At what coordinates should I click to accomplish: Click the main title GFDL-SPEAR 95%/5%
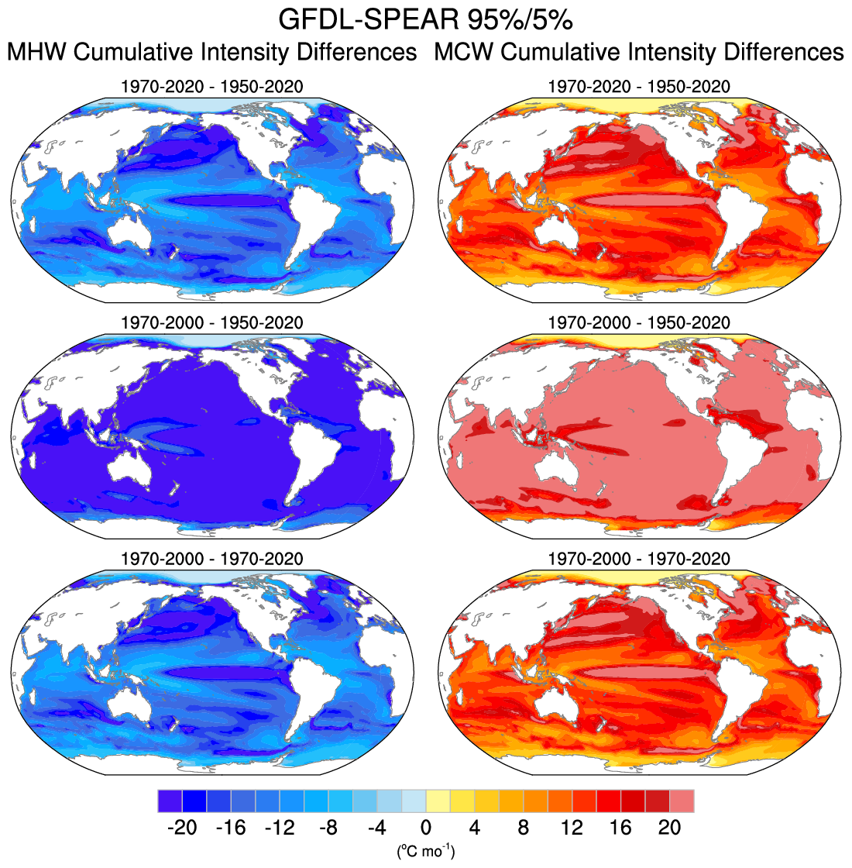point(425,19)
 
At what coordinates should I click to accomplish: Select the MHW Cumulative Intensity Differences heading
point(212,53)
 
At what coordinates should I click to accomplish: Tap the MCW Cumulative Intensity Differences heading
point(639,53)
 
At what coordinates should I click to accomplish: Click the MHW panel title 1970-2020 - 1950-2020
point(212,86)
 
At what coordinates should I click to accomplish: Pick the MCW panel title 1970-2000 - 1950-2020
point(639,322)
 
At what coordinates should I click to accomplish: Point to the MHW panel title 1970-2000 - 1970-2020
point(212,559)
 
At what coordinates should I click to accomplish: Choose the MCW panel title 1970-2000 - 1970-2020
point(639,559)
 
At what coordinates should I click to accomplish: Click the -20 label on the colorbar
point(181,828)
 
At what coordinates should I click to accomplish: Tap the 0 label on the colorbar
point(425,828)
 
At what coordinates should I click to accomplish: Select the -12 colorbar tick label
point(279,828)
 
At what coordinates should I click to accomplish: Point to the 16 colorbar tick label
point(620,828)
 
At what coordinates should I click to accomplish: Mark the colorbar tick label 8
point(523,828)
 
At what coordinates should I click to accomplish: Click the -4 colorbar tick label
point(376,828)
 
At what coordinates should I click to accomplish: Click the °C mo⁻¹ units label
point(425,852)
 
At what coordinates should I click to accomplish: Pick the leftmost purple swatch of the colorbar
point(169,801)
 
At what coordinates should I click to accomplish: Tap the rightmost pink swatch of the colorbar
point(682,801)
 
